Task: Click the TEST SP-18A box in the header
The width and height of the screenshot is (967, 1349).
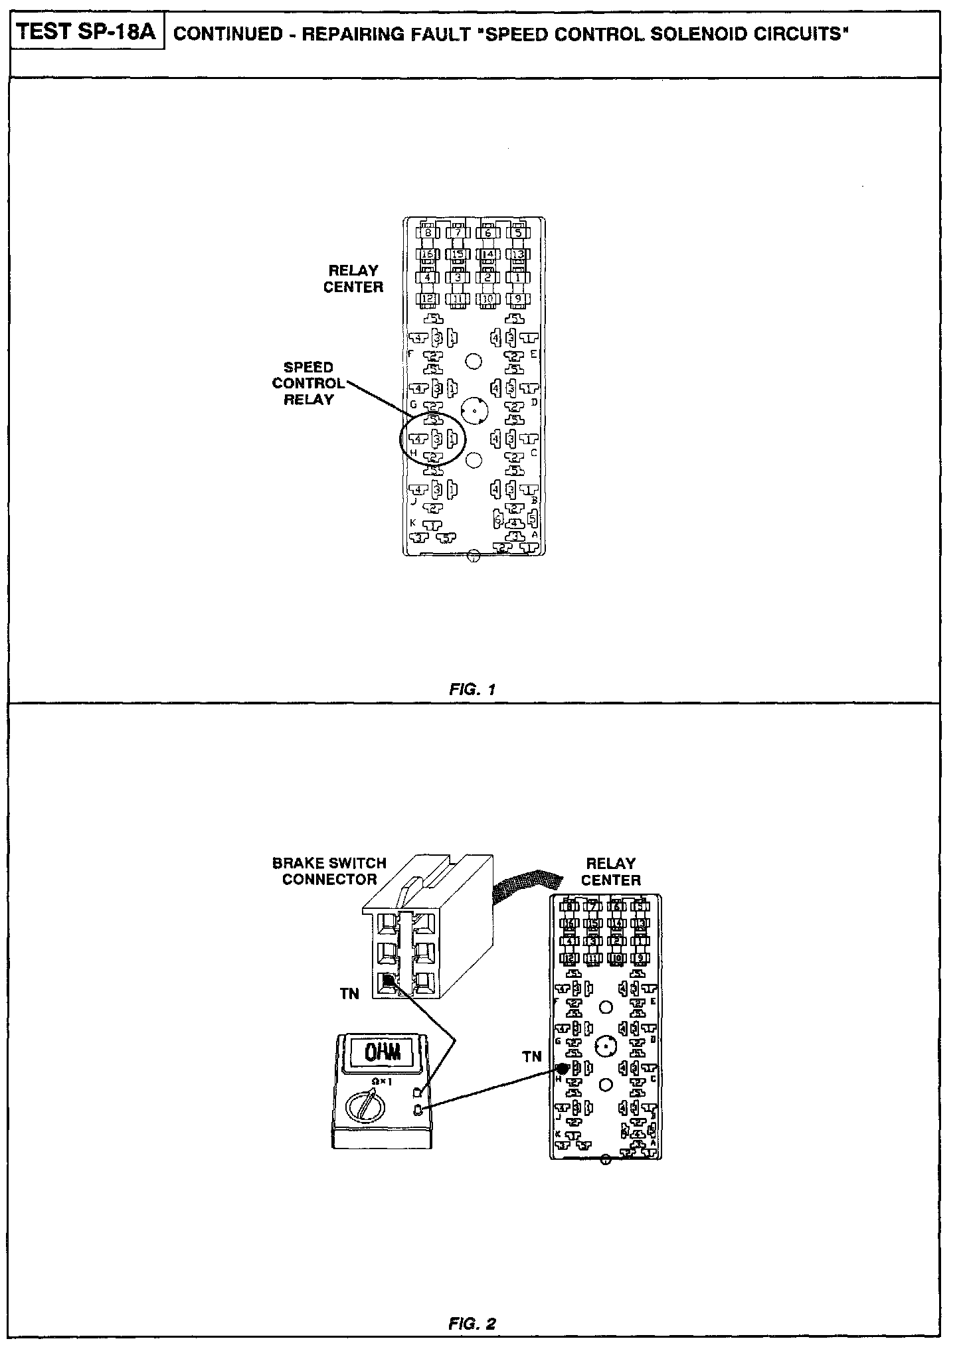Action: tap(87, 33)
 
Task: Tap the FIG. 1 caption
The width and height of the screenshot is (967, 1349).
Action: tap(473, 689)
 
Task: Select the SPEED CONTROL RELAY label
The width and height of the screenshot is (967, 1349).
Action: tap(308, 383)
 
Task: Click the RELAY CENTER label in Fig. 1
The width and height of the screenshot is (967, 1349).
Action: tap(353, 279)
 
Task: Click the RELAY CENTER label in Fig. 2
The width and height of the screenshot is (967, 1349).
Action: tap(610, 872)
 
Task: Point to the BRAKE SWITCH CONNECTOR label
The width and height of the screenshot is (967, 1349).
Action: tap(329, 871)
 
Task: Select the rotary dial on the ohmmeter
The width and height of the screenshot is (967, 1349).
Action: tap(364, 1105)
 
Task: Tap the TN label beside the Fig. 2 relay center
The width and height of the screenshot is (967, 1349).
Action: tap(532, 1057)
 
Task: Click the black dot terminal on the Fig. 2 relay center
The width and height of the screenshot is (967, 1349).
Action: tap(563, 1068)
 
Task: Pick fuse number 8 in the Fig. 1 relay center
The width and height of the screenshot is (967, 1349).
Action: tap(428, 232)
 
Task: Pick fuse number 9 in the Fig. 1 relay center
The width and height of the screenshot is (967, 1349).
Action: tap(518, 299)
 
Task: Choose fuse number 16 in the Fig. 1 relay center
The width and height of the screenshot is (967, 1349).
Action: tap(428, 254)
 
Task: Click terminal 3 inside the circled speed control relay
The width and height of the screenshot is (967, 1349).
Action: tap(436, 439)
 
